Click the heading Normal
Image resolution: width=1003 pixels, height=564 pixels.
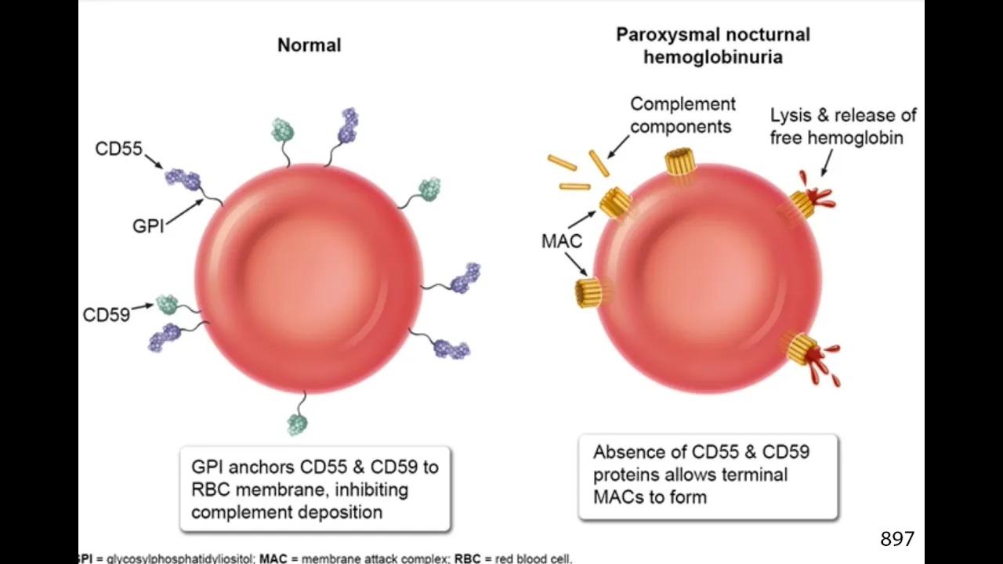(x=309, y=45)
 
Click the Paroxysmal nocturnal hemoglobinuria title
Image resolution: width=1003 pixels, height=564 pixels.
(x=712, y=45)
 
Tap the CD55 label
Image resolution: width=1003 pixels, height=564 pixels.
(x=118, y=148)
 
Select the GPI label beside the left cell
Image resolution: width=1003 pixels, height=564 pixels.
(x=148, y=227)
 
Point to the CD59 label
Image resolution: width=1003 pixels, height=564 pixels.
(x=106, y=316)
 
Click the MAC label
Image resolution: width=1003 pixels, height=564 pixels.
(x=562, y=240)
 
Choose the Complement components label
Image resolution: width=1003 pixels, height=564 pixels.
(x=683, y=114)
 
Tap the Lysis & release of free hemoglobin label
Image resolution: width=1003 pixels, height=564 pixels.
(x=842, y=126)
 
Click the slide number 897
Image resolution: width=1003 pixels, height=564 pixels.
(x=897, y=539)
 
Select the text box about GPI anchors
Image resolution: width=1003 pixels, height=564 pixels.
(x=315, y=490)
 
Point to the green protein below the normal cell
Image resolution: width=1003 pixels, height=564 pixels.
(x=297, y=424)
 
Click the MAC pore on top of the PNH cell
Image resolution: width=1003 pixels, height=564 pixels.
(x=680, y=163)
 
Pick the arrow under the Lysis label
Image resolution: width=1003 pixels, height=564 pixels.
(x=826, y=161)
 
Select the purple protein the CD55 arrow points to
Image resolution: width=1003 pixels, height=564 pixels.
(x=182, y=178)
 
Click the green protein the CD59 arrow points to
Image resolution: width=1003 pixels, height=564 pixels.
(x=167, y=304)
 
